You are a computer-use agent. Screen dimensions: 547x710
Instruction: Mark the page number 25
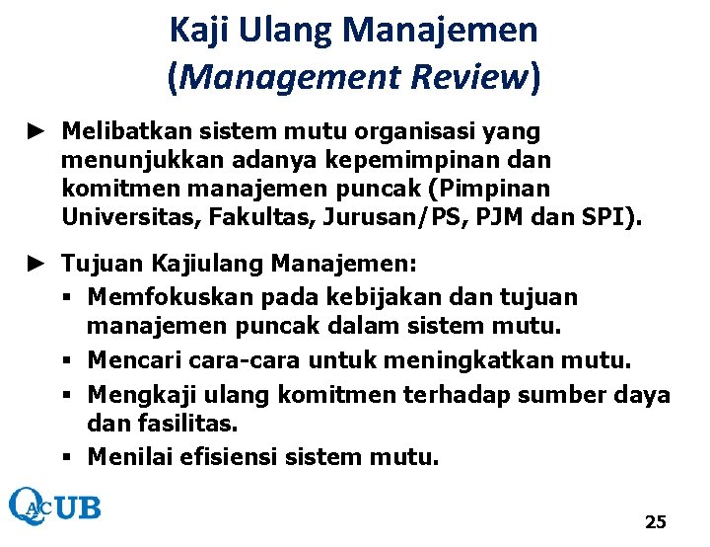(x=655, y=521)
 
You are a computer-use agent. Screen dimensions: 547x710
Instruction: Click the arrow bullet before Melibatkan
(x=36, y=130)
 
